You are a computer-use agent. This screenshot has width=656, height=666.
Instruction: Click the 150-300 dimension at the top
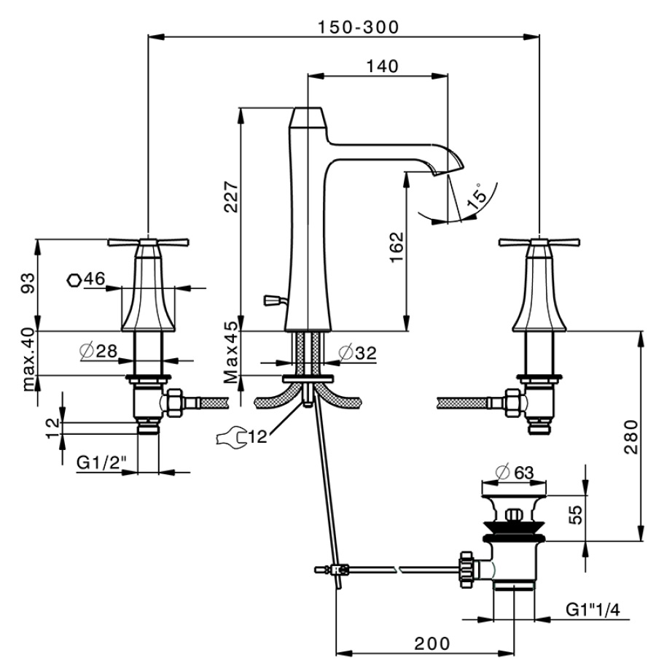(x=358, y=28)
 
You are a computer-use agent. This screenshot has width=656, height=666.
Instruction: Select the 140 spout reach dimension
(x=382, y=66)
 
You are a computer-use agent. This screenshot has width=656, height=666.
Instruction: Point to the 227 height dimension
(x=232, y=197)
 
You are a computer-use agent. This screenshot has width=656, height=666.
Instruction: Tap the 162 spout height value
(x=397, y=247)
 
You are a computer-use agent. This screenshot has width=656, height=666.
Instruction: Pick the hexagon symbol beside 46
(x=74, y=281)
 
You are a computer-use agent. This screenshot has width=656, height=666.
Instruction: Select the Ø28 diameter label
(x=98, y=352)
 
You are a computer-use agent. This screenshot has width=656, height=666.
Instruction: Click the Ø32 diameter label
(x=357, y=352)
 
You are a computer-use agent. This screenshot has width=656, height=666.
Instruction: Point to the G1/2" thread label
(x=101, y=462)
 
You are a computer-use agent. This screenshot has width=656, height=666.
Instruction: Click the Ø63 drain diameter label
(x=515, y=472)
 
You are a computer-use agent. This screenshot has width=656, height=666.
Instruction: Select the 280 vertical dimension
(x=631, y=437)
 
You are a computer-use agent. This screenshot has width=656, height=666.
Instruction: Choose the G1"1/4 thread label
(x=593, y=610)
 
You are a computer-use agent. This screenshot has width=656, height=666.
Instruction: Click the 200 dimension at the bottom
(x=432, y=644)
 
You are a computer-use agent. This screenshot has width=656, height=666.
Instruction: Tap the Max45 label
(x=231, y=352)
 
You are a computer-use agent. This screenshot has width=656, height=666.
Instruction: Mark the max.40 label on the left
(x=29, y=360)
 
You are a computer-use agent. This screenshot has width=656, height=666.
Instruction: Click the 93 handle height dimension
(x=28, y=283)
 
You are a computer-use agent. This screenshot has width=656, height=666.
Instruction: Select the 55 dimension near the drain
(x=576, y=515)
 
